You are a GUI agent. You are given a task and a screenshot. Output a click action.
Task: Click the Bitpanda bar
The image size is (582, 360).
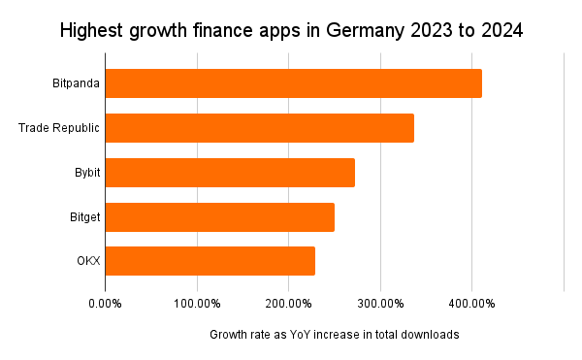coord(293,83)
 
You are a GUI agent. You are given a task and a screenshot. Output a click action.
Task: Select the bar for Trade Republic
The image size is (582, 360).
coord(259,128)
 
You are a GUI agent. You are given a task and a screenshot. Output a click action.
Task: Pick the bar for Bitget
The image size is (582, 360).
coord(219,217)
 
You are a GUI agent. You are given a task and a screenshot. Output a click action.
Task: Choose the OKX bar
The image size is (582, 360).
coord(210,261)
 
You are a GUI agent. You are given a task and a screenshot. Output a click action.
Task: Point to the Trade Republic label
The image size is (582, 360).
coord(59,128)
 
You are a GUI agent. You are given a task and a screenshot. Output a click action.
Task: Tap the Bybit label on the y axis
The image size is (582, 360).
coord(87,173)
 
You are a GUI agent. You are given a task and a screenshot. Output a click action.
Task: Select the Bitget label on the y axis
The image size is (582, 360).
coord(85,217)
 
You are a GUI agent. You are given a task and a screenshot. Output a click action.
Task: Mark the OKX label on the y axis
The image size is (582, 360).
coord(88,261)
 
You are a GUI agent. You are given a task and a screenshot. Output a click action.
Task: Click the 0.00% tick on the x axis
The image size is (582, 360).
coord(105,304)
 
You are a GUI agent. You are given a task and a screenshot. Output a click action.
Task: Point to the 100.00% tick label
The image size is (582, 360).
coord(197,304)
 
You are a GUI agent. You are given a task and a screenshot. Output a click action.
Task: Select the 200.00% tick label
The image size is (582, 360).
coord(288,304)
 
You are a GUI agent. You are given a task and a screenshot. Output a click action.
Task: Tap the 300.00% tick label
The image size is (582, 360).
coord(380,304)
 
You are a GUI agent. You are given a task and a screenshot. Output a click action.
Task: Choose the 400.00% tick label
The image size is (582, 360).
coord(472,304)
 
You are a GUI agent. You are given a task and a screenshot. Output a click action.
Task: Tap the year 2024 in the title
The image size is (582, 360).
coord(499,31)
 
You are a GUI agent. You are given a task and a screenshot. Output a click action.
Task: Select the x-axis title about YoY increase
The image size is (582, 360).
coord(334,335)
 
